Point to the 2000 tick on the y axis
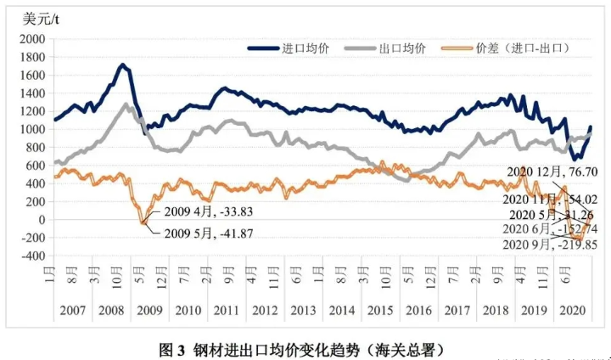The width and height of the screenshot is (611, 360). pyautogui.click(x=31, y=39)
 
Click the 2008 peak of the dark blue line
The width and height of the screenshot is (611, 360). pyautogui.click(x=123, y=65)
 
